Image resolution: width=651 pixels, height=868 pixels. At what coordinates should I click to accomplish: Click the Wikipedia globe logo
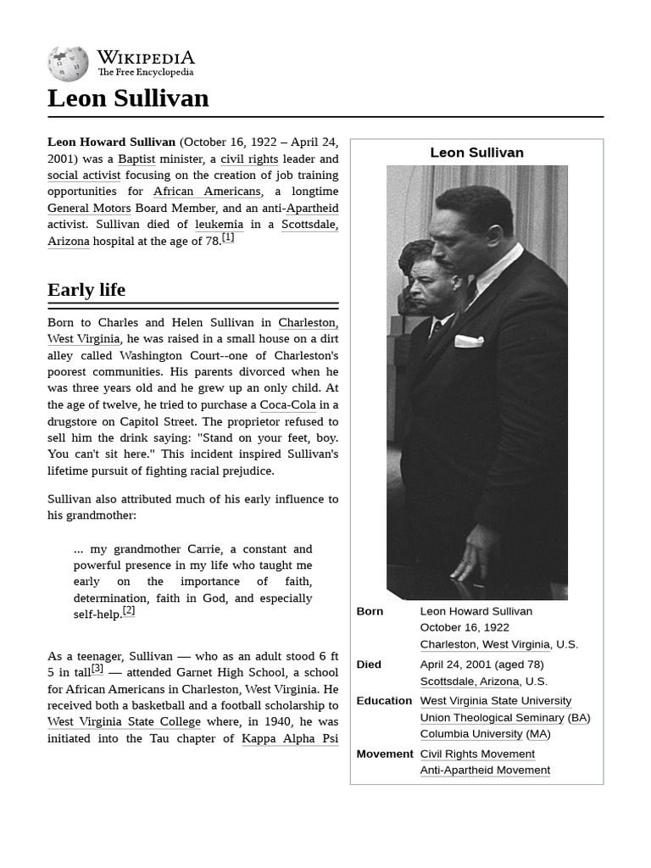(x=68, y=64)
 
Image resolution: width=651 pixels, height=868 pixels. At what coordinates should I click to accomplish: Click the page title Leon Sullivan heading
(x=128, y=98)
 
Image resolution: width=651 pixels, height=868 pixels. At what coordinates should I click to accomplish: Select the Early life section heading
(x=86, y=290)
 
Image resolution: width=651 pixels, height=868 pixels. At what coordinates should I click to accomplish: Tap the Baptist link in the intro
(x=136, y=159)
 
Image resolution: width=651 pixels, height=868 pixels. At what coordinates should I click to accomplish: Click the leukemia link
(x=219, y=225)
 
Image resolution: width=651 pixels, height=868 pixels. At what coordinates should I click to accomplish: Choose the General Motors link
(x=89, y=208)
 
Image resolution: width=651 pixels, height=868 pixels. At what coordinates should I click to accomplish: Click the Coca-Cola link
(x=287, y=405)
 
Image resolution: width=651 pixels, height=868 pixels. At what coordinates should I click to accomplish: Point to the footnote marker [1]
(x=228, y=238)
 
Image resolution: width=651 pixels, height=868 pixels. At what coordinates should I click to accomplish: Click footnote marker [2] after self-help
(x=129, y=610)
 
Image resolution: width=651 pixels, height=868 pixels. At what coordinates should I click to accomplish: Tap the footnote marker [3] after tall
(x=97, y=668)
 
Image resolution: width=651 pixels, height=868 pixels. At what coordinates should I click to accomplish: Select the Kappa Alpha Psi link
(x=290, y=738)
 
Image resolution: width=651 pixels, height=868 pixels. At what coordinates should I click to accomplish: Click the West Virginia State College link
(x=124, y=722)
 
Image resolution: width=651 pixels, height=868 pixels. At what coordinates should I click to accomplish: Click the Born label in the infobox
(x=370, y=611)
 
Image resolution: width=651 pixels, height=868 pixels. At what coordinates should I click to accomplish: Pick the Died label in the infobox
(x=369, y=665)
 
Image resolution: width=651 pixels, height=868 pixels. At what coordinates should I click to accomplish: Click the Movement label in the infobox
(x=385, y=754)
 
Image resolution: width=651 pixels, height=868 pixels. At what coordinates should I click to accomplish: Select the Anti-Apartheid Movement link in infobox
(x=485, y=770)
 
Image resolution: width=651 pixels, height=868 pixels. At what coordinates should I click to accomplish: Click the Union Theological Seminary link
(x=492, y=717)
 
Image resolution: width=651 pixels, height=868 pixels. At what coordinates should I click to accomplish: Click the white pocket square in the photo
(x=469, y=341)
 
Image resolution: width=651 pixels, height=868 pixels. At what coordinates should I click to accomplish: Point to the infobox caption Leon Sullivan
(x=476, y=153)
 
